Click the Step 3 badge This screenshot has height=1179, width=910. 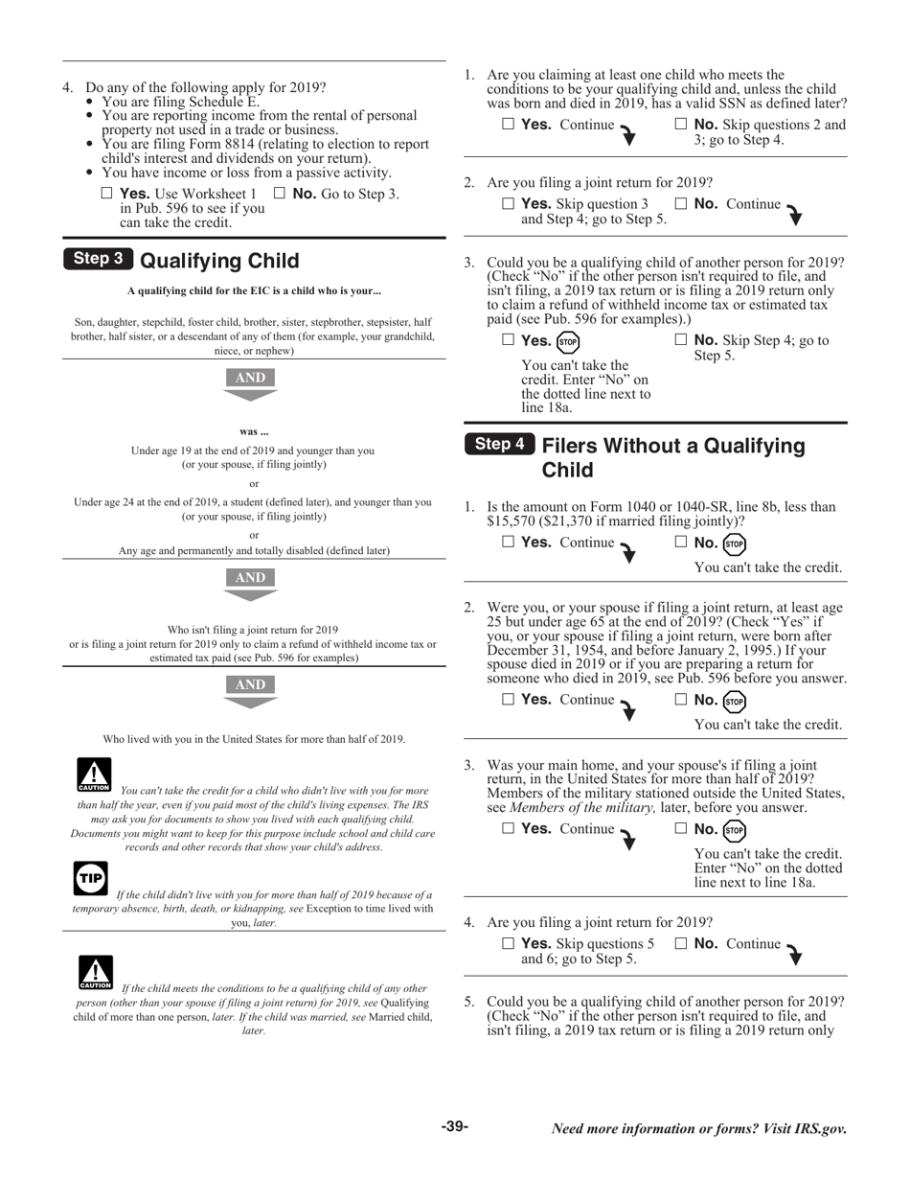[99, 259]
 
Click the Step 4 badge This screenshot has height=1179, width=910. [500, 444]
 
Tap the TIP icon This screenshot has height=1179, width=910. [91, 878]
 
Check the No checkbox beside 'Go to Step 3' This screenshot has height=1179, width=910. [280, 193]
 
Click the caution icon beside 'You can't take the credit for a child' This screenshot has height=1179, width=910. [94, 774]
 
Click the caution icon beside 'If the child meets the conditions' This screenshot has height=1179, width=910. [94, 972]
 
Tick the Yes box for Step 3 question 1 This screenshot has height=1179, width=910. [509, 124]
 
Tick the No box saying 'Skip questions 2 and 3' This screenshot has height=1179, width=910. [681, 124]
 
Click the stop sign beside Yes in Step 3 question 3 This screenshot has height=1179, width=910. [568, 341]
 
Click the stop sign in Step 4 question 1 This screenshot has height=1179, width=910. [734, 543]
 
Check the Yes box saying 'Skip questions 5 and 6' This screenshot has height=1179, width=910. [509, 943]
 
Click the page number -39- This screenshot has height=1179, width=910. [455, 1126]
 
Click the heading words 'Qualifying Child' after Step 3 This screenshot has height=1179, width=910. [219, 261]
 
